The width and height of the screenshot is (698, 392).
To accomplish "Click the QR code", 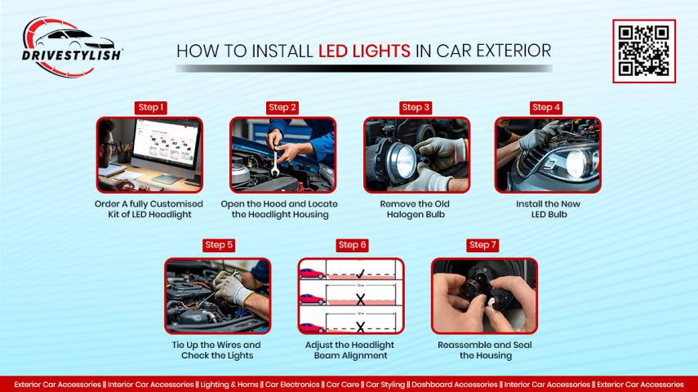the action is (x=643, y=51).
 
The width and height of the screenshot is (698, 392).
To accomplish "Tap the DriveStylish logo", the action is (x=71, y=47).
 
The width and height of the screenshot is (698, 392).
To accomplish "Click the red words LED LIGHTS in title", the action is (x=364, y=51).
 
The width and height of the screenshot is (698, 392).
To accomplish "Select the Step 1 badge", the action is (x=150, y=107).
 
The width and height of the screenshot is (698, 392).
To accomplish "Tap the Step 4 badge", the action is (x=546, y=107).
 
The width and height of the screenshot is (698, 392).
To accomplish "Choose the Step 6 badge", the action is (x=352, y=245).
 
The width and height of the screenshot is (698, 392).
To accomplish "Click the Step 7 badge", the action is (x=482, y=245).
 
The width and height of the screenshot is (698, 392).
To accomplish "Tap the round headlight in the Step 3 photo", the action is (x=398, y=159).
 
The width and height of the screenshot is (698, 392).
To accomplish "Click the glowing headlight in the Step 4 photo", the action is (x=577, y=163).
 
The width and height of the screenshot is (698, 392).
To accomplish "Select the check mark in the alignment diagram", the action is (x=360, y=273).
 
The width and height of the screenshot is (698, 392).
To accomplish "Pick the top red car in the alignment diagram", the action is (x=313, y=274).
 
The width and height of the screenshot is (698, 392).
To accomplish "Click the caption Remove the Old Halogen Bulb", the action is (x=415, y=209).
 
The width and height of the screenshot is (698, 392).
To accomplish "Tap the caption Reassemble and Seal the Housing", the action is (x=485, y=350).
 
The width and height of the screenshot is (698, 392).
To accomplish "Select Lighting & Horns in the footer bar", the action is (x=229, y=385).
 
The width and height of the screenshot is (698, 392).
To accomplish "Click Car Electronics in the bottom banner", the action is (x=292, y=385).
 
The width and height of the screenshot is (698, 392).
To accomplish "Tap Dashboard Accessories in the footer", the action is (x=455, y=385).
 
